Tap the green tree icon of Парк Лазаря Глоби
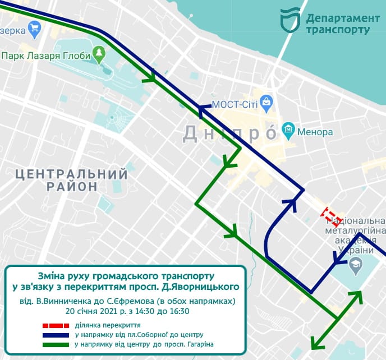[x=99, y=55]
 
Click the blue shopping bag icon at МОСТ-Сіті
[x=267, y=103]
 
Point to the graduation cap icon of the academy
[x=355, y=264]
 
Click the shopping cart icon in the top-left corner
[x=35, y=27]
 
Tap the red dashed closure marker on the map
[x=330, y=215]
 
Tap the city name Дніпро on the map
[x=230, y=133]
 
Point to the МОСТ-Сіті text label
[x=235, y=105]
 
